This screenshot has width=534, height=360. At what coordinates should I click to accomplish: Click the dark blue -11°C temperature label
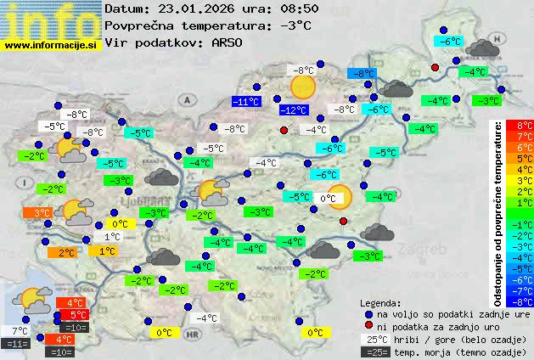tap(246, 102)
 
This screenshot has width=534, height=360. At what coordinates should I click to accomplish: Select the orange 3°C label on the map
tap(42, 212)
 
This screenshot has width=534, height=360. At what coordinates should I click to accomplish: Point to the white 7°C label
tap(20, 330)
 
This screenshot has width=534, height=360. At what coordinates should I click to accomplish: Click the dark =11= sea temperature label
tap(16, 344)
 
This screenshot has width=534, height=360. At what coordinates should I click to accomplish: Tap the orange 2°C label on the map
tap(66, 252)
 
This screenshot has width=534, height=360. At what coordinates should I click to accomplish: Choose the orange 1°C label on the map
tap(106, 251)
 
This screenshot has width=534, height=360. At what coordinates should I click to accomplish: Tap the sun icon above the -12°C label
tap(302, 87)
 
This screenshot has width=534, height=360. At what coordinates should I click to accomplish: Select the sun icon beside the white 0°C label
tap(339, 197)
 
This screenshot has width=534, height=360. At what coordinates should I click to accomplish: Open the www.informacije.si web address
tap(51, 46)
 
